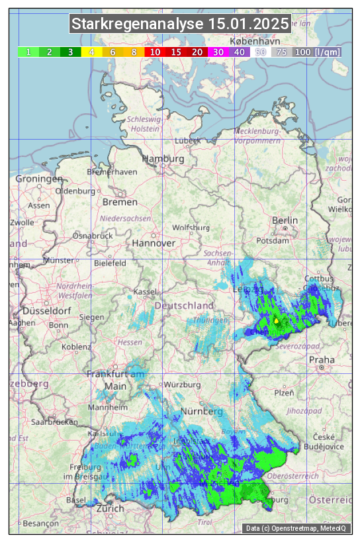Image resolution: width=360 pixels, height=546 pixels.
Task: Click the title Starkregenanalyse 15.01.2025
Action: [180, 24]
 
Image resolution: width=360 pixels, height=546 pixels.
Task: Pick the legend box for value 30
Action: [218, 52]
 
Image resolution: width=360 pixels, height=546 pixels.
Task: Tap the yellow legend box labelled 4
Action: [91, 52]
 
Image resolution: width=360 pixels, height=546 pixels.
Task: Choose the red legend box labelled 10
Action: [155, 52]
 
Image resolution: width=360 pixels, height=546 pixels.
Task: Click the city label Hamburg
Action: [163, 159]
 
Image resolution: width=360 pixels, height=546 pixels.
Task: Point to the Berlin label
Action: [285, 220]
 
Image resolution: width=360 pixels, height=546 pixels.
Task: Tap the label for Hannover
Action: [154, 243]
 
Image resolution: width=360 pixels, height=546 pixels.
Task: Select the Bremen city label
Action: [120, 202]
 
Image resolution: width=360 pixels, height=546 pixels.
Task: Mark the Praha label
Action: [322, 360]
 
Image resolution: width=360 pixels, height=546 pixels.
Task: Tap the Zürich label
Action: [110, 508]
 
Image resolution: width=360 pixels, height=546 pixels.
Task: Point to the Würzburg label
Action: [182, 385]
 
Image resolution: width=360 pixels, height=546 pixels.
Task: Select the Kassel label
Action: [145, 292]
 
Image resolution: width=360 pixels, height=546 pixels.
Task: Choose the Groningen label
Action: [38, 179]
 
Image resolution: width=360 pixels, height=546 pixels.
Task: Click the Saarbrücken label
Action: [57, 421]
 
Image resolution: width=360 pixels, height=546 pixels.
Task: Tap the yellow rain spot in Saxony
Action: [276, 320]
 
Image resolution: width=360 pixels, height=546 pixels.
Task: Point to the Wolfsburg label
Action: [191, 228]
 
